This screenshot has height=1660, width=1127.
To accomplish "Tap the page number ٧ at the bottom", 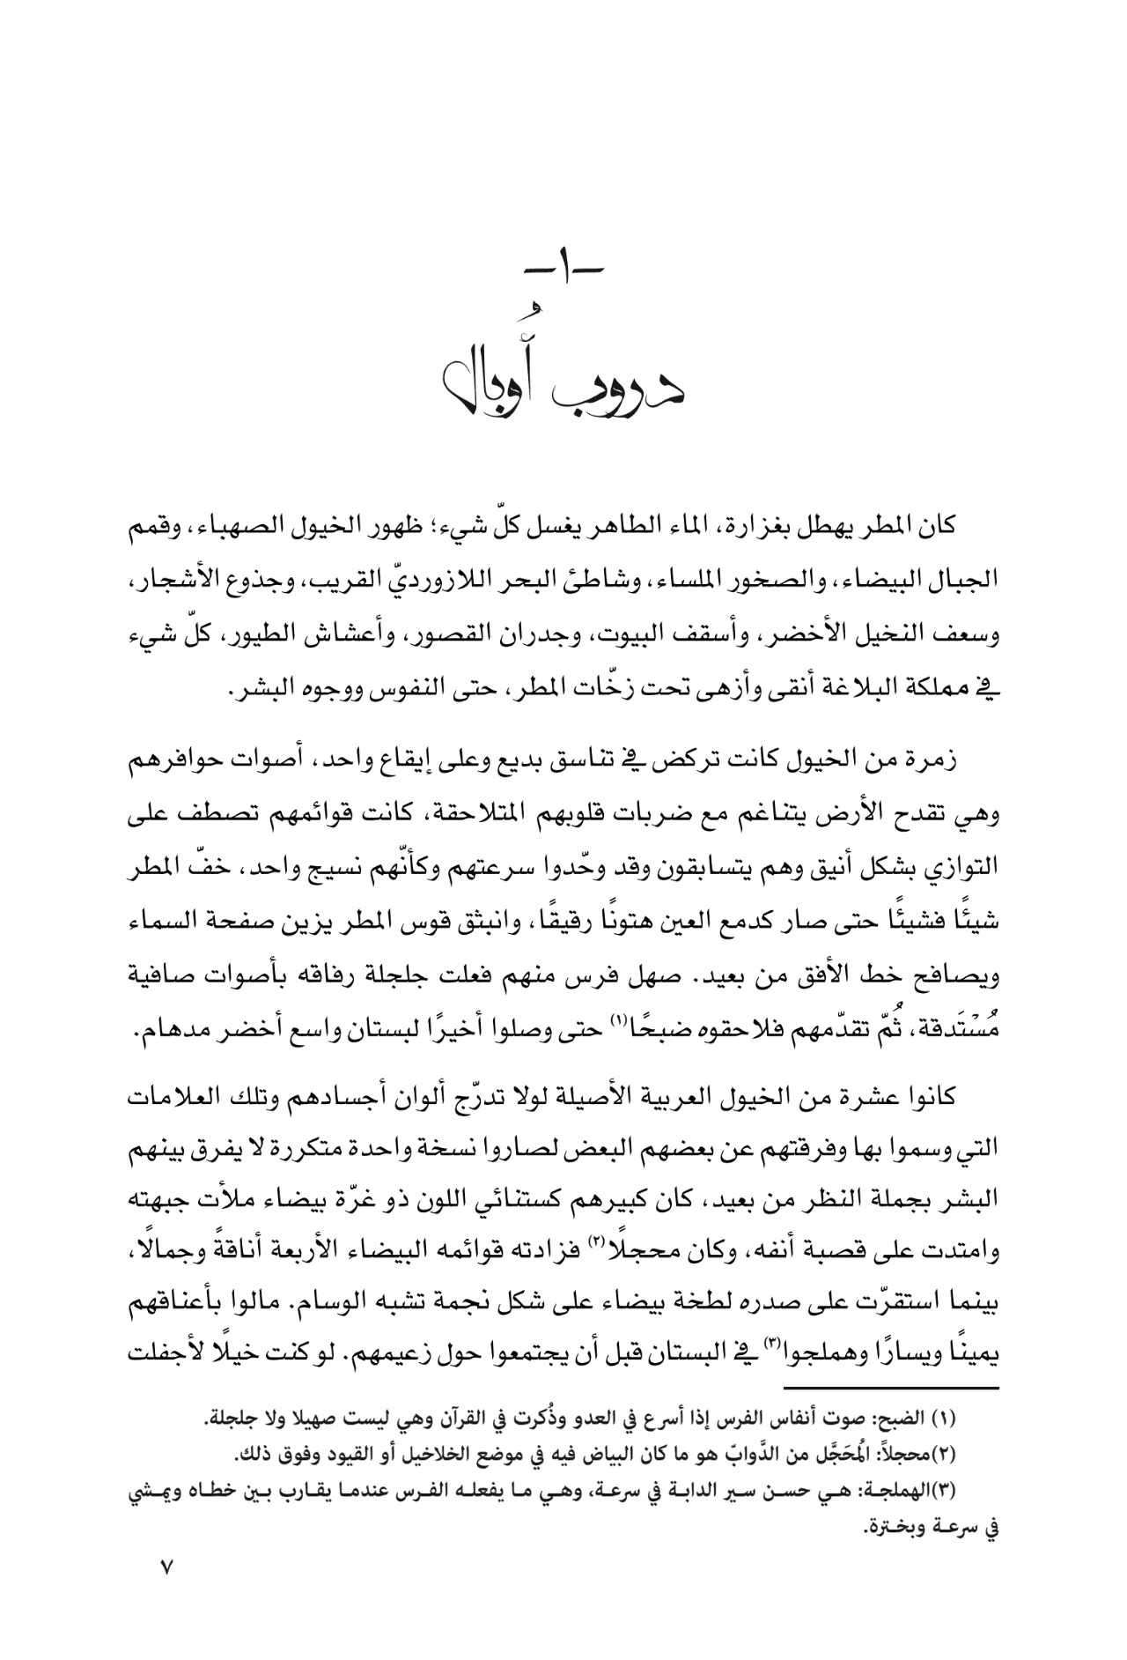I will (x=166, y=1592).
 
